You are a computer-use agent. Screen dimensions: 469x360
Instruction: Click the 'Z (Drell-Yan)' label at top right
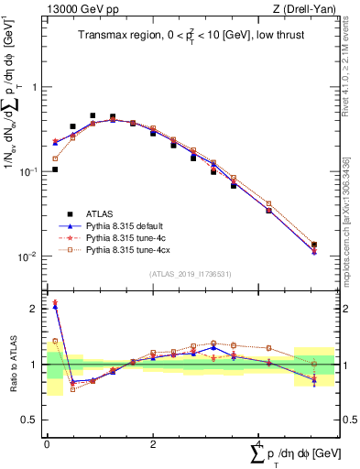pos(308,10)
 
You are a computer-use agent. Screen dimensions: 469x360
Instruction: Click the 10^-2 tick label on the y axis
pos(28,256)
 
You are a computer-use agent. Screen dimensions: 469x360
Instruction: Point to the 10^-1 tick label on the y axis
pos(28,172)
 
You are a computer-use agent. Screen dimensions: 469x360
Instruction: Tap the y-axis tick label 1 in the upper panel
pos(36,88)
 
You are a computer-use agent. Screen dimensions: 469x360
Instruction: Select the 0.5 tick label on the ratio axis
pos(30,420)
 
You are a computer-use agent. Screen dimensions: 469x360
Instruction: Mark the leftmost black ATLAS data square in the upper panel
pos(55,169)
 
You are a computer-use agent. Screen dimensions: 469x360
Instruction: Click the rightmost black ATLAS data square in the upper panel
pos(314,245)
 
